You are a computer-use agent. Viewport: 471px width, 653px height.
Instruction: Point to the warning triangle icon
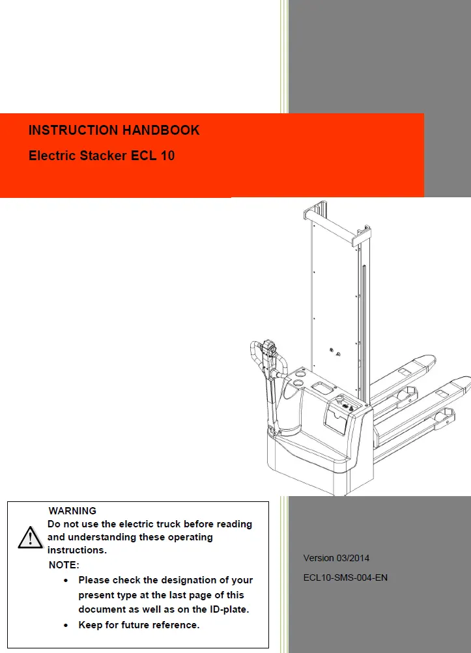30,538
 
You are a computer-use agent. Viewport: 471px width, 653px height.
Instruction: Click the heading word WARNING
72,511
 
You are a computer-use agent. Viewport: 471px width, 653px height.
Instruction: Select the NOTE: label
64,564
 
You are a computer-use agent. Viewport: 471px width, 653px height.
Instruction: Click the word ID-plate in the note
224,610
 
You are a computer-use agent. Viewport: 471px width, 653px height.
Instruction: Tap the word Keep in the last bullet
91,625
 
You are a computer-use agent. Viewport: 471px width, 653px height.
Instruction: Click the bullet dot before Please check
68,579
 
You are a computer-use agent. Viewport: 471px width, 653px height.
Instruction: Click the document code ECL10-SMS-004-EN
345,577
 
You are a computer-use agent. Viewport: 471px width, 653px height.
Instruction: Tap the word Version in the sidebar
319,558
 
